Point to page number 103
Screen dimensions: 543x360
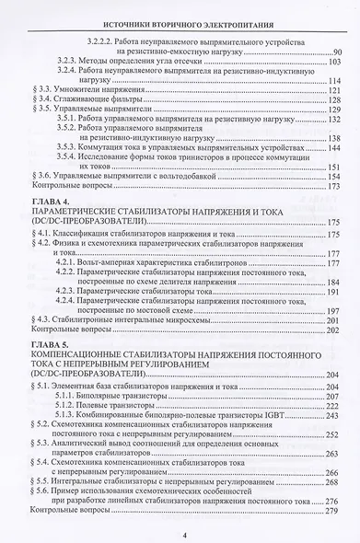coord(333,62)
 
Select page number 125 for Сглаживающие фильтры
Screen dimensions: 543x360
coord(334,100)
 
